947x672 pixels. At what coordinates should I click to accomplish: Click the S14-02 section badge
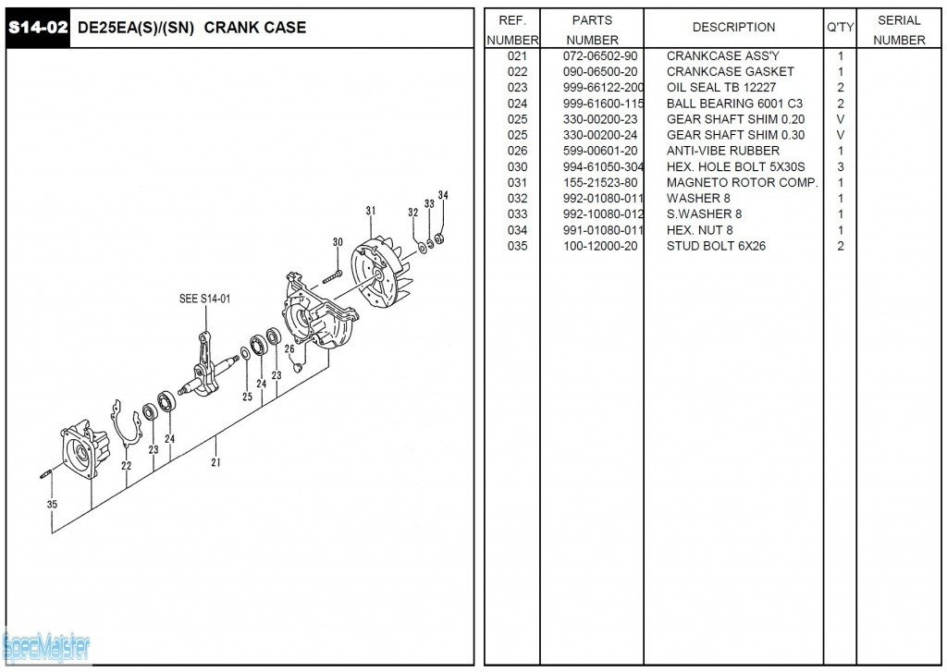(x=38, y=28)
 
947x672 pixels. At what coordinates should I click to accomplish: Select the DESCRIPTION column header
(x=733, y=28)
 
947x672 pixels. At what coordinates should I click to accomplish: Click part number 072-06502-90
(x=599, y=56)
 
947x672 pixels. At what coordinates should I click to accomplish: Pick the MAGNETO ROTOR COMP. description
(x=742, y=183)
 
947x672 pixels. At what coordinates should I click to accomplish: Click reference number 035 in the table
(x=517, y=246)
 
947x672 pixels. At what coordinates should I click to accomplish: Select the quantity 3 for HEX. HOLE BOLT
(x=840, y=167)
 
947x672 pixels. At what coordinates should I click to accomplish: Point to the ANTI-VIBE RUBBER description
(x=722, y=151)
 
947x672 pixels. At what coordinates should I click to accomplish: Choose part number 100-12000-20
(x=599, y=246)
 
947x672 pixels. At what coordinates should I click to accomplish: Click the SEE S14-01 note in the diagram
(x=204, y=299)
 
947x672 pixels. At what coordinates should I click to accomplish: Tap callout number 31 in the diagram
(x=371, y=212)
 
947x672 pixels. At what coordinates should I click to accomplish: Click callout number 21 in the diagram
(x=216, y=462)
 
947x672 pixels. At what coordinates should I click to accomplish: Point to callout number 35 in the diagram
(x=52, y=505)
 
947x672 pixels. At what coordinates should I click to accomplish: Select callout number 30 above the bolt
(x=338, y=242)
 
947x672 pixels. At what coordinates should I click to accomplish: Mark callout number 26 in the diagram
(x=289, y=349)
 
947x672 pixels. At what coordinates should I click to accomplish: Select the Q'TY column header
(x=840, y=28)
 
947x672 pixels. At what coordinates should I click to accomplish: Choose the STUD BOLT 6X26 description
(x=716, y=246)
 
